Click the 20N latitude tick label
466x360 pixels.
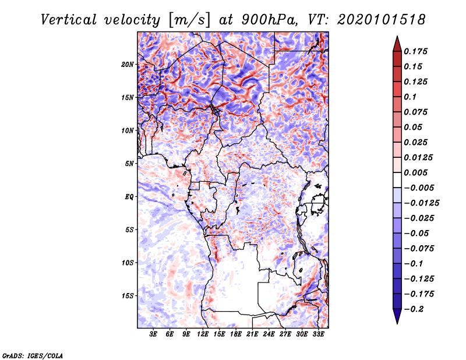click(128, 65)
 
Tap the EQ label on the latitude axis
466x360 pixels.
click(129, 197)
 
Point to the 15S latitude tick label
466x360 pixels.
click(128, 296)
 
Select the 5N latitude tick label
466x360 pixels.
click(129, 164)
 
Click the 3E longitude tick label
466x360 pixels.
click(153, 334)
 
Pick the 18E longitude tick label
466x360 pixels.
click(236, 334)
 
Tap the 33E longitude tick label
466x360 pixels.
click(318, 334)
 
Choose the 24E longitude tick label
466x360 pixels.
click(269, 334)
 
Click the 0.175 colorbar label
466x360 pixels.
click(415, 51)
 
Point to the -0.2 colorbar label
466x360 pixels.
click(414, 309)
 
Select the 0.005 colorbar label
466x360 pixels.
click(415, 172)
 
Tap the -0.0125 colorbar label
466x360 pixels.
click(421, 203)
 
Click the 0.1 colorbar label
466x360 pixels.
click(410, 97)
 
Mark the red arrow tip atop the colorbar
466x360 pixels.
click(397, 36)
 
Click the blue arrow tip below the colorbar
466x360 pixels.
click(397, 323)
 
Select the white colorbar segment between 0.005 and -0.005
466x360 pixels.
click(397, 180)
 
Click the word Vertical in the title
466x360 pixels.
click(69, 20)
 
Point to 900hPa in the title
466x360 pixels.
click(269, 20)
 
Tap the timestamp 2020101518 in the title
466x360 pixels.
click(381, 20)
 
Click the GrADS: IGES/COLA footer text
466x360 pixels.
click(33, 355)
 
